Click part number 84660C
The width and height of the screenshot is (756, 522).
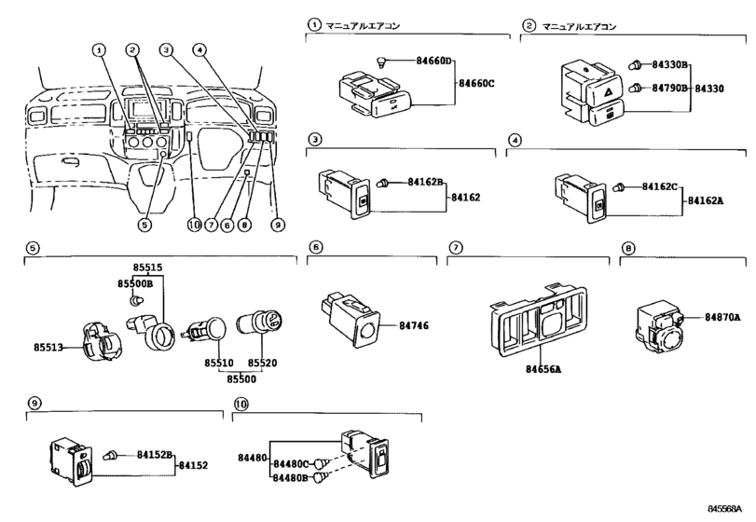click(x=477, y=84)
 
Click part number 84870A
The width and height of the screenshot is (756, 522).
click(x=722, y=317)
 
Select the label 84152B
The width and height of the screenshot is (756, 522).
click(x=156, y=454)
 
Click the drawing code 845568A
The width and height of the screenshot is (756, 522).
click(x=728, y=510)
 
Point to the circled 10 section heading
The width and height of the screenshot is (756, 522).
click(x=241, y=404)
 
